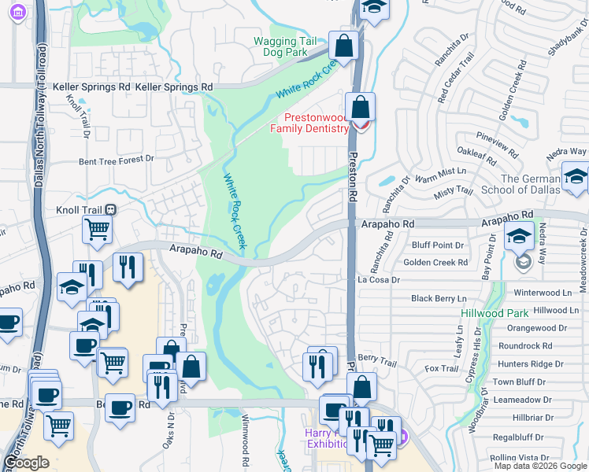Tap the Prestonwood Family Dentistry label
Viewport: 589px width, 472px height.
309,123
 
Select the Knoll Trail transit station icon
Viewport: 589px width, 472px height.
111,210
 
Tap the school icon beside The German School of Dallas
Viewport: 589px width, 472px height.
576,178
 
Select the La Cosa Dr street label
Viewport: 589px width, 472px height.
380,279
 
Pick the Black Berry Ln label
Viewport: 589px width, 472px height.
439,298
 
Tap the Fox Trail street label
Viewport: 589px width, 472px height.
441,368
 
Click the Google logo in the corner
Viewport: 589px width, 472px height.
26,463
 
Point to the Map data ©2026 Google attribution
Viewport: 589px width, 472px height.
540,466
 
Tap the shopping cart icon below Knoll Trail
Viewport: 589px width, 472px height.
97,229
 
